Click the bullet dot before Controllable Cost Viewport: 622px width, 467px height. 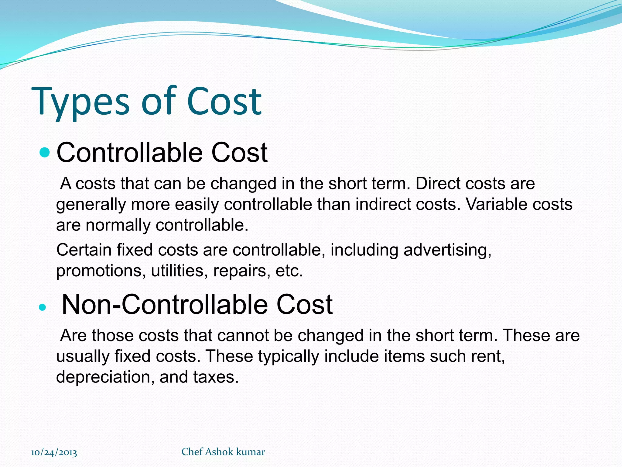(45, 152)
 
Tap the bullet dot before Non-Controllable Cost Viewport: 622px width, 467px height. (43, 307)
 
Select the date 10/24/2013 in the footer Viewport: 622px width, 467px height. (54, 452)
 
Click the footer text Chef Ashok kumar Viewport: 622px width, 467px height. (223, 452)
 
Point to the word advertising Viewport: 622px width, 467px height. (447, 251)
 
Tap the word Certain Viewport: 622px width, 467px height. (84, 250)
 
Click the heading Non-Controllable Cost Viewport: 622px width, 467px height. (197, 305)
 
